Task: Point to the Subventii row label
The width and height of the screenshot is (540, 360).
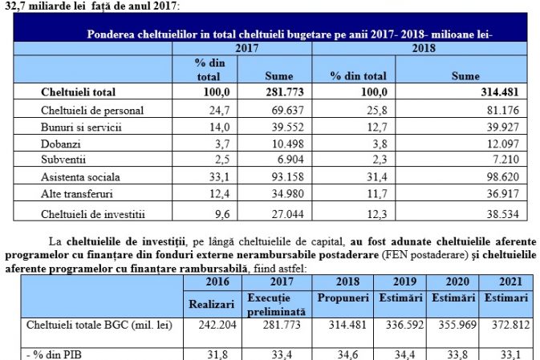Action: point(63,160)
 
